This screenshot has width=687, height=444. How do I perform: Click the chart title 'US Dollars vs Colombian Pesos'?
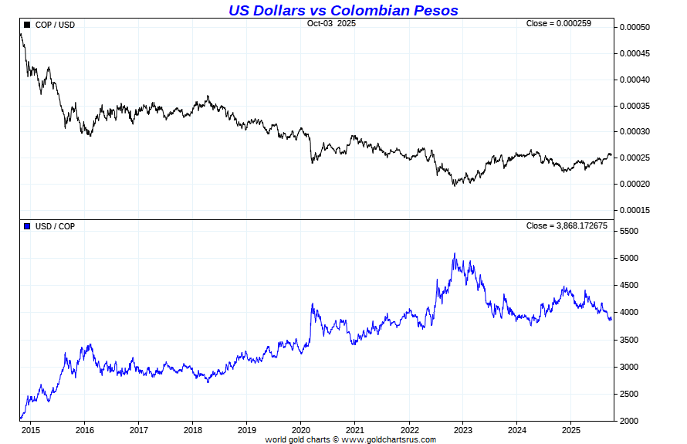click(343, 10)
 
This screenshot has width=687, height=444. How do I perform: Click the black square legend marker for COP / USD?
click(28, 25)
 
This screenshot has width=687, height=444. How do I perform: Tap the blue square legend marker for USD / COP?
click(28, 226)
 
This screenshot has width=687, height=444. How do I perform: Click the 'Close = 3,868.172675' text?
click(567, 225)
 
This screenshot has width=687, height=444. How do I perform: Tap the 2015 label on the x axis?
click(31, 429)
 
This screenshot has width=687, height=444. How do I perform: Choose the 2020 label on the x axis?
click(301, 429)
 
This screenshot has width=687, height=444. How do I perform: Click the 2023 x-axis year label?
click(463, 429)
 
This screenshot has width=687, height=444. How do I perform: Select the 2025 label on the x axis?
click(570, 429)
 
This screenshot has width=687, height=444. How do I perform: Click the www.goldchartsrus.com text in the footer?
click(389, 440)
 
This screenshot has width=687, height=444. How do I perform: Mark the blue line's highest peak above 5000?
click(455, 253)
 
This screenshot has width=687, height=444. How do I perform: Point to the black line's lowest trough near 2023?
click(455, 185)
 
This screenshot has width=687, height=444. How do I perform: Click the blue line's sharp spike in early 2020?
click(312, 304)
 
